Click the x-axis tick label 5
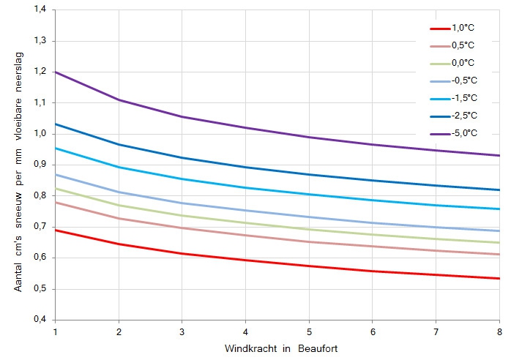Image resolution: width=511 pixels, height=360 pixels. coord(309,331)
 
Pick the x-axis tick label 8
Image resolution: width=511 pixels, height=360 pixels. coord(499,331)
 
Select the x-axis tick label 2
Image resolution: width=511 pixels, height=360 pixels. coord(119,331)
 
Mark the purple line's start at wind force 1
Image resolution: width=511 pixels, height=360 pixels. coord(56,72)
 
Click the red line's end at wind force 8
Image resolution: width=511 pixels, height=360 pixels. coord(499,278)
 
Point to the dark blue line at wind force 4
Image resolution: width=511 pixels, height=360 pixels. coord(246,167)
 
